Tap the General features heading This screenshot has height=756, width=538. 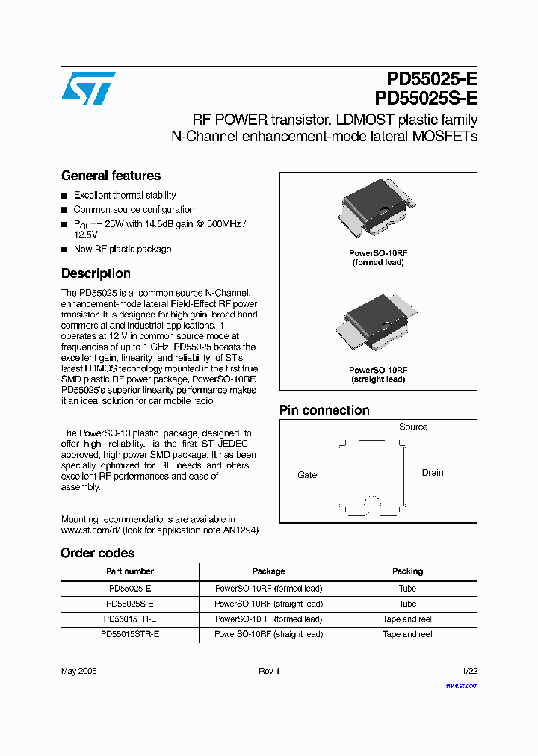point(111,176)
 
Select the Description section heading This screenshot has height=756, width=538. point(96,273)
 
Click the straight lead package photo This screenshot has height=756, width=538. point(378,323)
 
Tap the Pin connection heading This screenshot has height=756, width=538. point(324,410)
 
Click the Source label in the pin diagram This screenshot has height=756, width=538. point(413,427)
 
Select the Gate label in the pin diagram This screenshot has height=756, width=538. point(307,475)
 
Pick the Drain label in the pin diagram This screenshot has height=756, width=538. point(433,473)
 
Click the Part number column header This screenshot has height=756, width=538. point(130,571)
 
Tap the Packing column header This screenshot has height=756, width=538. point(407,571)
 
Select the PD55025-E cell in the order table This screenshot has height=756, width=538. point(130,589)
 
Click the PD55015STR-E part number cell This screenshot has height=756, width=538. point(130,634)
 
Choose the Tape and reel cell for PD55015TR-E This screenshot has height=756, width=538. point(407,619)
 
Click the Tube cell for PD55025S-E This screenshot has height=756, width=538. point(407,604)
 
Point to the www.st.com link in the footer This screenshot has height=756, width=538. point(460,685)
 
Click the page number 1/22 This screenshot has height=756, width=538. point(469,672)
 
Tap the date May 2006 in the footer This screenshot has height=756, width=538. point(79,672)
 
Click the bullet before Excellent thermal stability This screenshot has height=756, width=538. point(64,196)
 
